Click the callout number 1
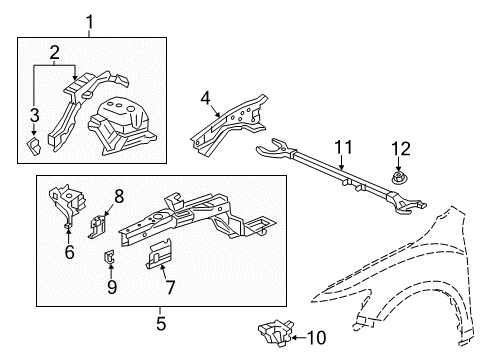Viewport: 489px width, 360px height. click(90, 20)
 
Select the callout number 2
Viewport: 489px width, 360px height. click(56, 52)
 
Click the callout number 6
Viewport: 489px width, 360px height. click(68, 253)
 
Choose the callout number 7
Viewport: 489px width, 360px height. click(169, 288)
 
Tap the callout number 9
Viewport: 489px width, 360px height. click(111, 287)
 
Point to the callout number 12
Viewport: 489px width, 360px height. click(402, 149)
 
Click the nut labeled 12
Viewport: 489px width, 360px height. click(399, 177)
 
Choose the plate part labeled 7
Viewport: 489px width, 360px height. click(155, 255)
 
